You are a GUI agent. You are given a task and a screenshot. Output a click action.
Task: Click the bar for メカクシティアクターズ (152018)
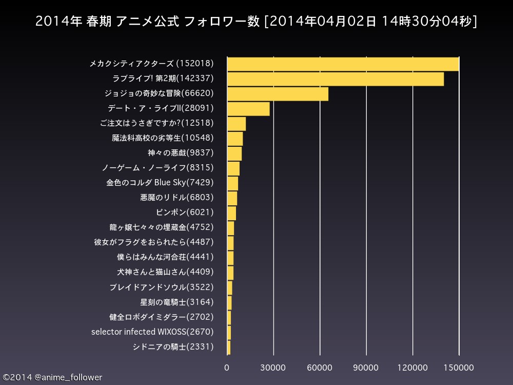coord(343,64)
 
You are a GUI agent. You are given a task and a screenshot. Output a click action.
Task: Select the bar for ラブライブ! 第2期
coord(336,79)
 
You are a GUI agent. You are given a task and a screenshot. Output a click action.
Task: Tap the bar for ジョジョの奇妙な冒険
coord(278,93)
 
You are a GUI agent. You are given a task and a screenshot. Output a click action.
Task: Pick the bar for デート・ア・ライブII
coord(249,109)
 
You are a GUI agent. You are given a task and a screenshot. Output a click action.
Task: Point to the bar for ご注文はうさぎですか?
coord(236,124)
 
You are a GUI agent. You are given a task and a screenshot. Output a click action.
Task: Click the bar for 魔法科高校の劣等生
coord(235,139)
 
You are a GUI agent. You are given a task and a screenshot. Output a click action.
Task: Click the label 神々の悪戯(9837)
coord(181,153)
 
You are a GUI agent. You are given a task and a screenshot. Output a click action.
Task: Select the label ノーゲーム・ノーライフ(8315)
coord(157,168)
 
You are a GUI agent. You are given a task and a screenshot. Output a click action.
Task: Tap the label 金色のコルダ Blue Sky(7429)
coord(160,183)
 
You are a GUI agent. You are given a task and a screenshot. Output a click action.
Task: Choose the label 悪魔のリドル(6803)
coord(177,198)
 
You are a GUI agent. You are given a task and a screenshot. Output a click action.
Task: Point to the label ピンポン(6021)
coord(185,213)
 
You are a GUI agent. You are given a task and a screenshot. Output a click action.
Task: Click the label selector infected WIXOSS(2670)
coord(152,332)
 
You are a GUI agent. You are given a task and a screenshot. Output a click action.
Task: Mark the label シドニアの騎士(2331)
coord(173,346)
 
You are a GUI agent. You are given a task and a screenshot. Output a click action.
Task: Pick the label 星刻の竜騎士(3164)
coord(177,302)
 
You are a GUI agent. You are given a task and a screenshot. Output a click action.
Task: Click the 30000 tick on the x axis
coord(273,368)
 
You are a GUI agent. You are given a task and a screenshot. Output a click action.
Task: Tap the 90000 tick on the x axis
coord(366,368)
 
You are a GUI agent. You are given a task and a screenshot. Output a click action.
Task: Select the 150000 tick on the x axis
coord(459,368)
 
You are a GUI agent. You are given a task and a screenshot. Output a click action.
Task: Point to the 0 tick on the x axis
coord(227,368)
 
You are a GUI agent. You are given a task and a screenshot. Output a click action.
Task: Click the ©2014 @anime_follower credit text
coord(52,378)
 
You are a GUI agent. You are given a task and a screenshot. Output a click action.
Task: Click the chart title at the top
coord(256,21)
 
